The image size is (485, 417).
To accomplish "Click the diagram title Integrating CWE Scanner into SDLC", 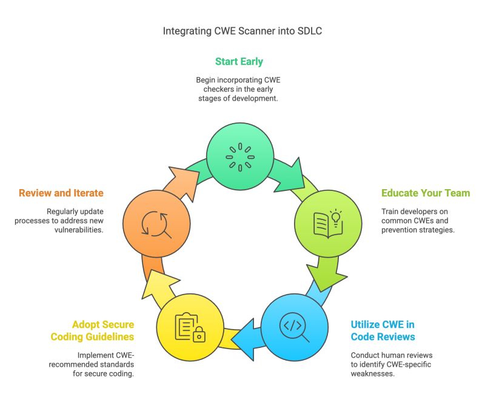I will pyautogui.click(x=242, y=31).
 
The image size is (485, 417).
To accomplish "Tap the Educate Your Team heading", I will pyautogui.click(x=425, y=193).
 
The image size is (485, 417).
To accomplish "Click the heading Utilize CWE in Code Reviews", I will pyautogui.click(x=383, y=330).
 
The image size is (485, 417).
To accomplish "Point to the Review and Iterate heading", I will pyautogui.click(x=61, y=193).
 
